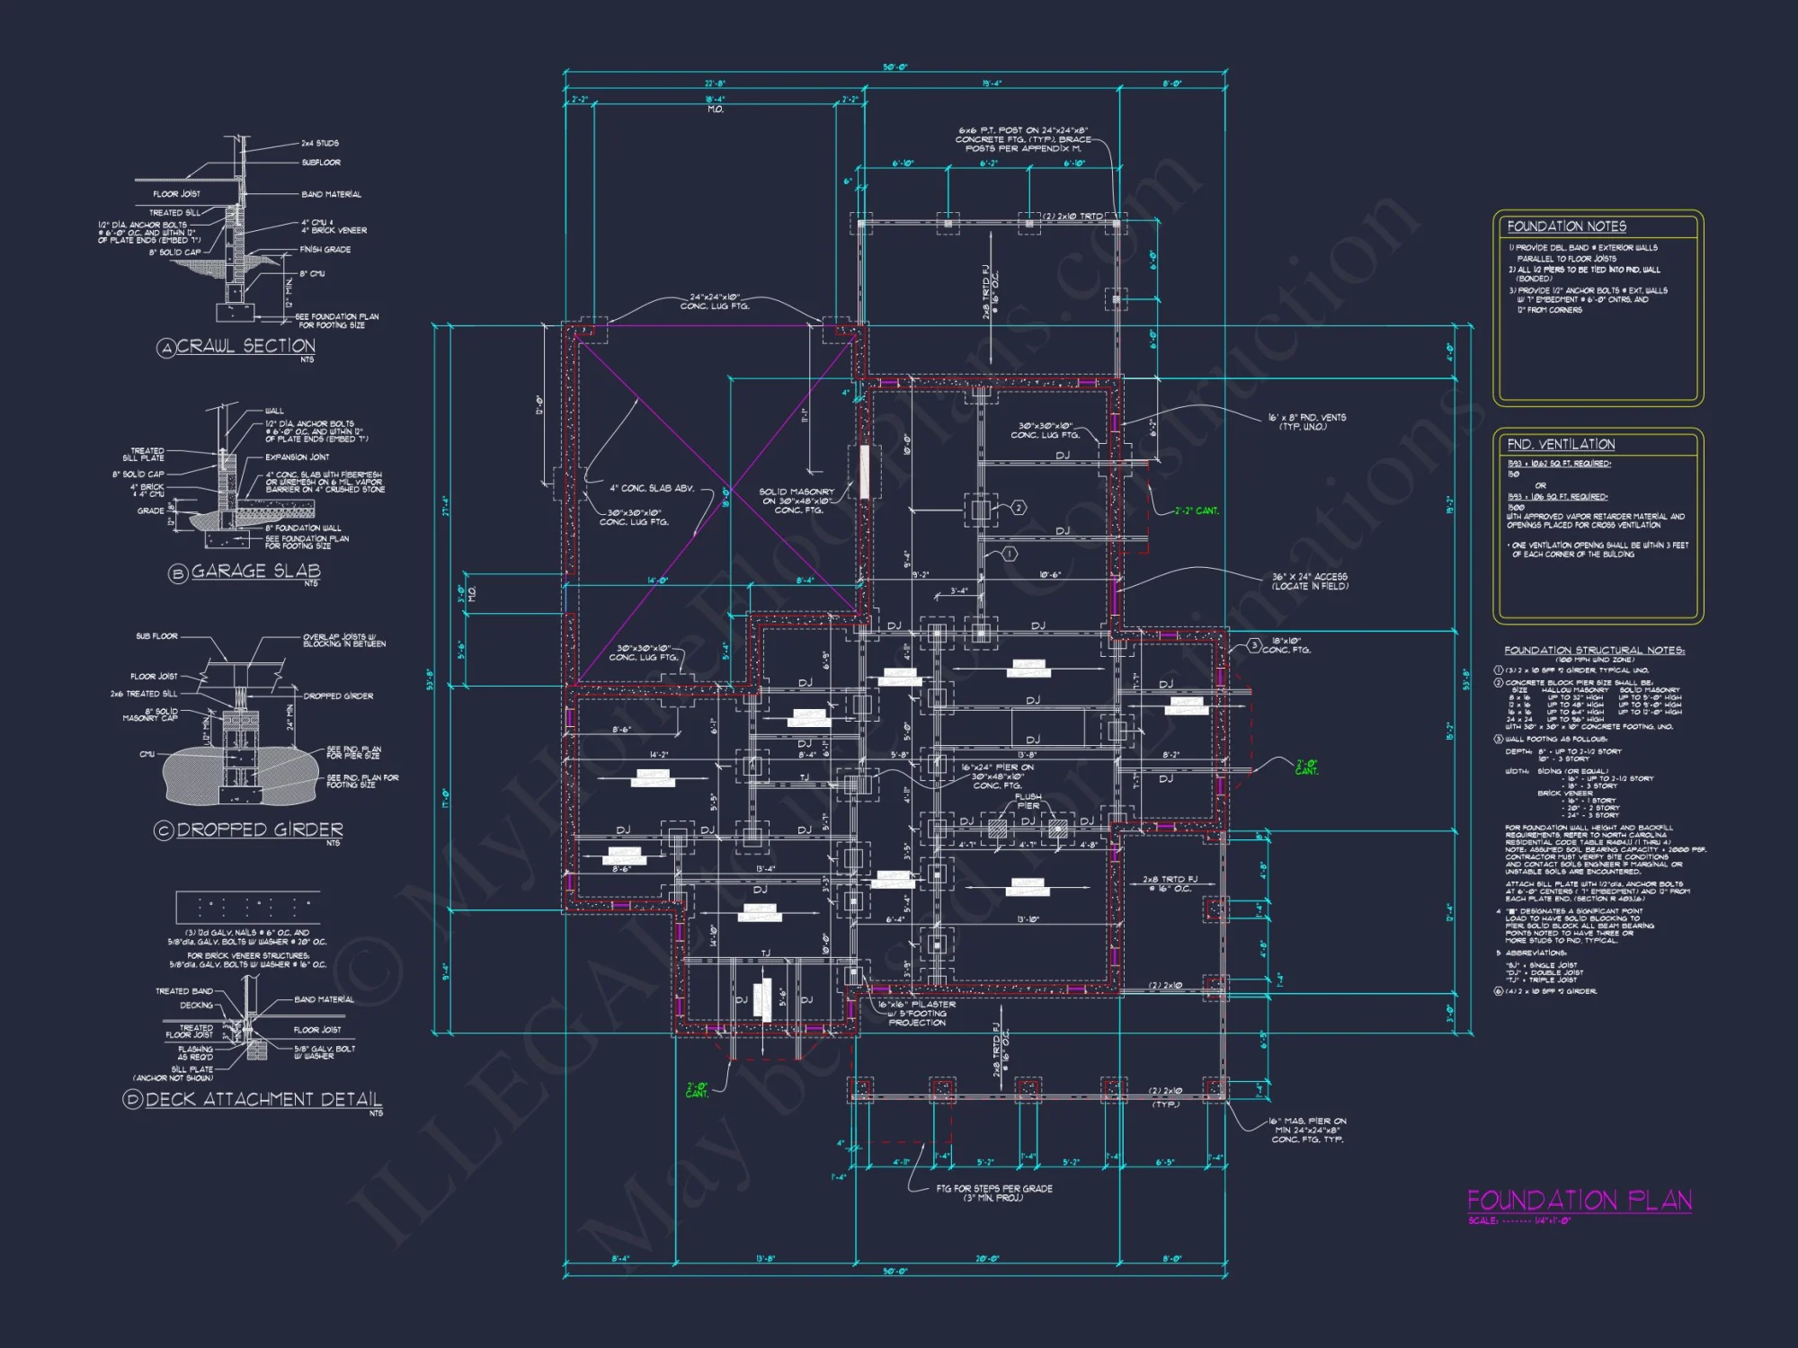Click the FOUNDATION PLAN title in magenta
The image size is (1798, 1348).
tap(1579, 1200)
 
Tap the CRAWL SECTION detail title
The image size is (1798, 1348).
tap(245, 346)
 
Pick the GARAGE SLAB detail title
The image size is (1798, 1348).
tap(255, 572)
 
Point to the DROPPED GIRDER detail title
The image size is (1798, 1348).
tap(259, 829)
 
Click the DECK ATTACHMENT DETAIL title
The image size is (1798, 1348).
tap(263, 1099)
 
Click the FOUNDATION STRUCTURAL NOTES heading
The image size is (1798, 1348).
tap(1594, 650)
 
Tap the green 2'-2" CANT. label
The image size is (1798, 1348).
tap(1197, 510)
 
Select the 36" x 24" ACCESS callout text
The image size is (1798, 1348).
tap(1309, 581)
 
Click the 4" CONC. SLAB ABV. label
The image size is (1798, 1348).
tap(652, 488)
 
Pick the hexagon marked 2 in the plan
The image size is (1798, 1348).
tap(1019, 508)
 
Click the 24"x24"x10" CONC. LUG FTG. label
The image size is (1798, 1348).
tap(715, 301)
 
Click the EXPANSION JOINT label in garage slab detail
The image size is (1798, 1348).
tap(297, 457)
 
